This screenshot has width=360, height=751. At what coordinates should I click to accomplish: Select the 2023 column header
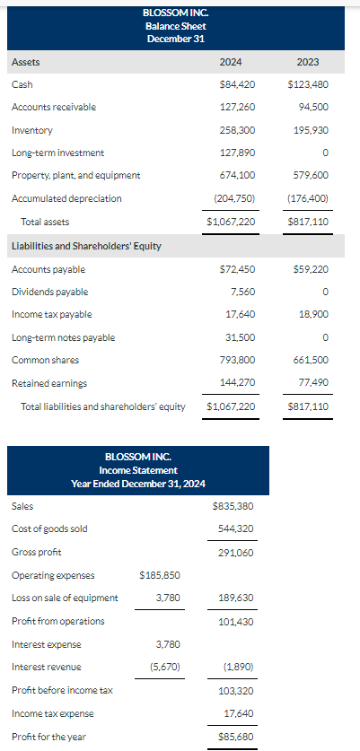click(x=306, y=62)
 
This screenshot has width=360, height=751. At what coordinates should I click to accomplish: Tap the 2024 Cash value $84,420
click(x=237, y=84)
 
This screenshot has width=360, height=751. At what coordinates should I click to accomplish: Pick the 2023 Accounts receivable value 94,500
click(x=312, y=107)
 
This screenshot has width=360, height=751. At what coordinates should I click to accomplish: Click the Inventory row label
click(x=32, y=130)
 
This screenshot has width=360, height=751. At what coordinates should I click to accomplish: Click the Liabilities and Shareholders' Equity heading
click(x=86, y=246)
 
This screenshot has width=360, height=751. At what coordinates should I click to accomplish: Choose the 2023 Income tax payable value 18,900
click(x=313, y=314)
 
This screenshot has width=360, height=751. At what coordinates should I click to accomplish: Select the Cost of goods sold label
click(x=49, y=528)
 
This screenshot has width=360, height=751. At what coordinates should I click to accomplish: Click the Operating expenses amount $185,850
click(x=160, y=574)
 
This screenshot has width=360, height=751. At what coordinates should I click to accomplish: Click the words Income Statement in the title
click(x=138, y=470)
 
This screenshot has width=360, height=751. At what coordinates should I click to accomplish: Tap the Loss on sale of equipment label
click(x=65, y=598)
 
